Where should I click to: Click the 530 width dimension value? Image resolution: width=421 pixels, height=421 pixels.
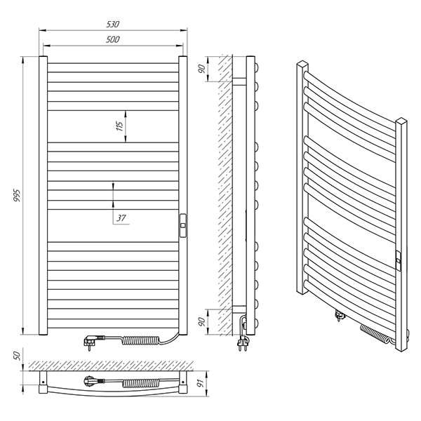coord(113,24)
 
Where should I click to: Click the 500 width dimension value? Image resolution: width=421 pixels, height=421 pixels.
coord(112,39)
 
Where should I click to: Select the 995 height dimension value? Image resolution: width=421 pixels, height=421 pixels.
coord(17,196)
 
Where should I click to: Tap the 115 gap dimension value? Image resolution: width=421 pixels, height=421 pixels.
coord(119,126)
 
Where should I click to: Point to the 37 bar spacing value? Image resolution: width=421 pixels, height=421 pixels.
coord(121,218)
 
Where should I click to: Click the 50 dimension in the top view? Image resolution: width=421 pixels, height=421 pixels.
coord(17,356)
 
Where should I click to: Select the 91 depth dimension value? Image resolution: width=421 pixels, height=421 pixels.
coord(200,383)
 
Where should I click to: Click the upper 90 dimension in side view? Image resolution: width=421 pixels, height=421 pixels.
coord(201,69)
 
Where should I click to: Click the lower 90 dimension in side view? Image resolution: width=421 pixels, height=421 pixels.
coord(201,321)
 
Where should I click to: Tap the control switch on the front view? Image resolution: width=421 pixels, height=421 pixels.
coord(183,225)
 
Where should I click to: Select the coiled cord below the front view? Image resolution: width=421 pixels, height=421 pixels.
coord(140,340)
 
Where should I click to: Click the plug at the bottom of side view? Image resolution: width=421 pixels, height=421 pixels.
coord(243,342)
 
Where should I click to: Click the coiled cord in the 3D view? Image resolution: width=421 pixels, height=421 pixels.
coord(374,335)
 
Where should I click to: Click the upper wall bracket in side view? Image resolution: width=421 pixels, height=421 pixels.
coord(239,82)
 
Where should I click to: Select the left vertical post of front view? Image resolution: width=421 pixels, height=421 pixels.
coord(43,196)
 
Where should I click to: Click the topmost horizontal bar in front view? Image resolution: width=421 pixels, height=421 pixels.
coord(113,67)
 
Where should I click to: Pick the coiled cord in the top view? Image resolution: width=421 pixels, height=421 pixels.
coord(140,383)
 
